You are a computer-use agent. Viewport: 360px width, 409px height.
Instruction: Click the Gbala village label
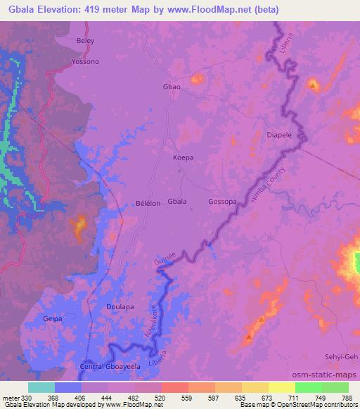point(177,202)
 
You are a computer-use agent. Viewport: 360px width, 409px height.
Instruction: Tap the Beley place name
point(85,41)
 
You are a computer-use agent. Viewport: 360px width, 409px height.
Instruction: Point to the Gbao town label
point(172,88)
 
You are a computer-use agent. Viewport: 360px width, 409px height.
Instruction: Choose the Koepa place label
point(183,158)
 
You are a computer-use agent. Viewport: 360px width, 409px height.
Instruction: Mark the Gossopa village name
point(222,202)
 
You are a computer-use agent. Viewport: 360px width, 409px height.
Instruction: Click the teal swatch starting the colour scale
point(41,387)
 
